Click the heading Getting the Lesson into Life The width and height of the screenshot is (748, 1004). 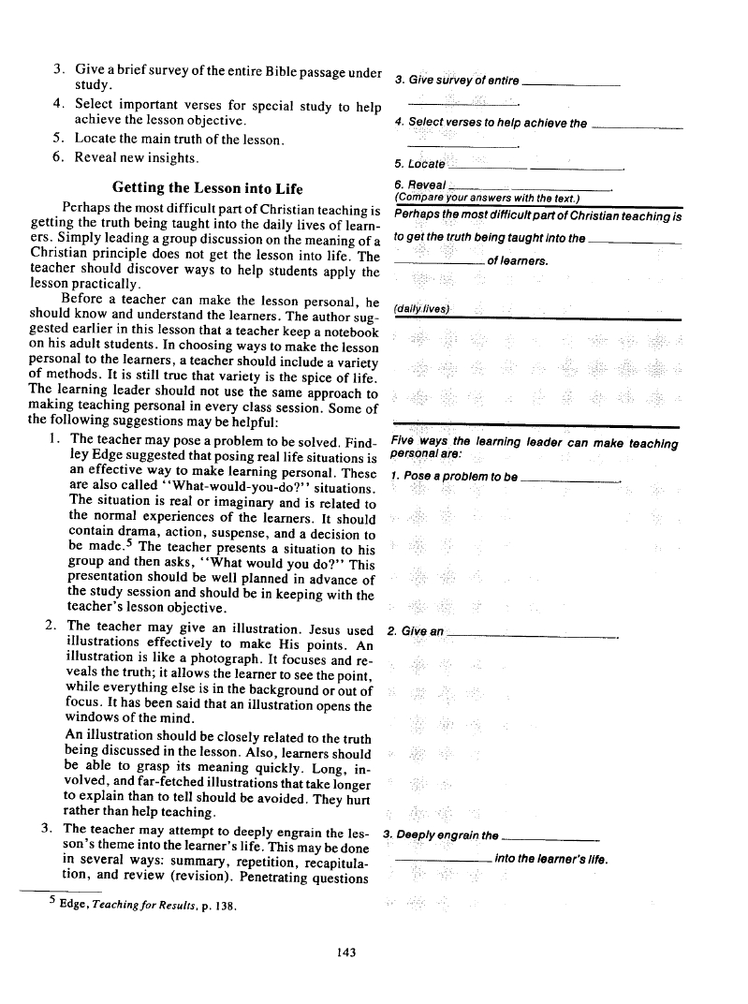[207, 188]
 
